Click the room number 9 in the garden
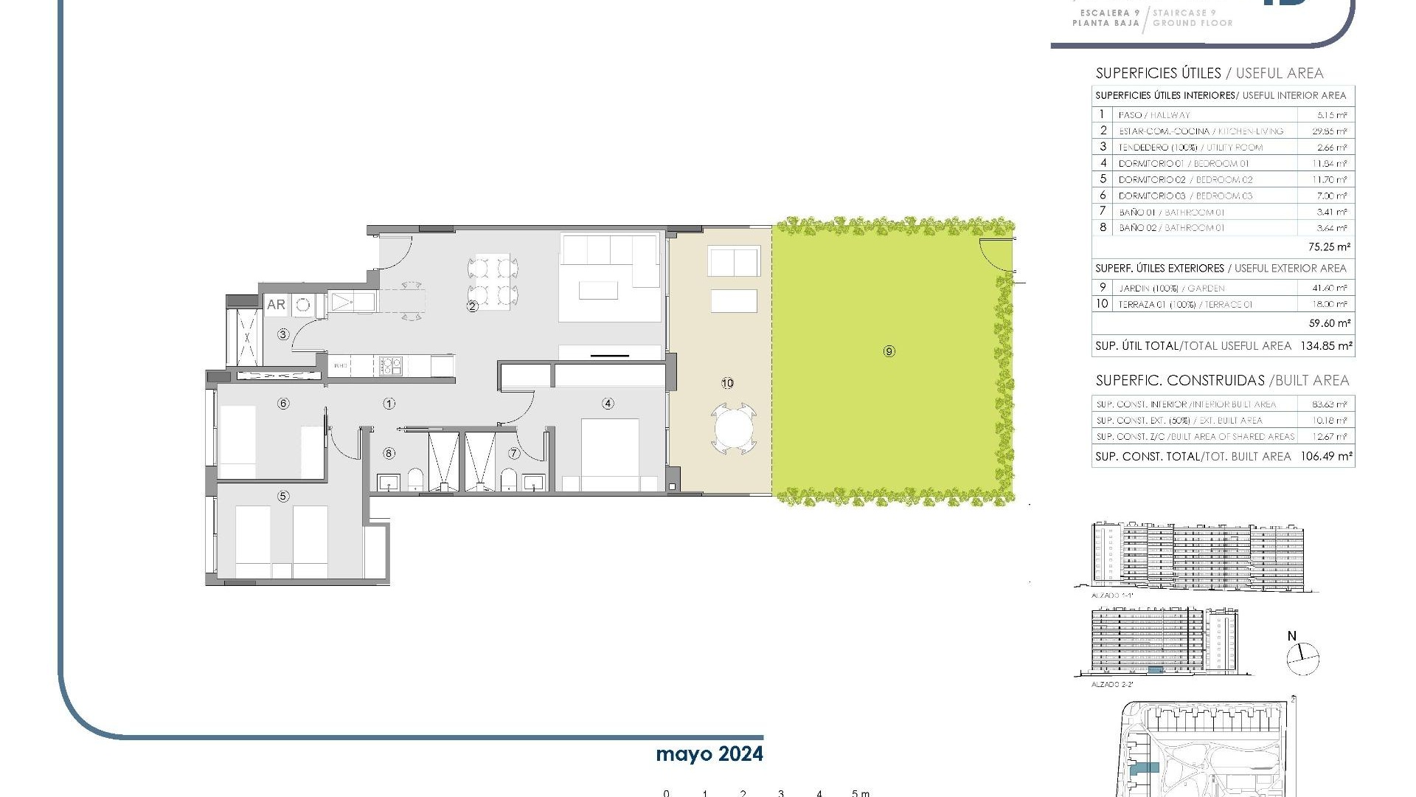tap(889, 351)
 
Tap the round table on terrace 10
tap(734, 429)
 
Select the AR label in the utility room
tap(276, 304)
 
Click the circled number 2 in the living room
tap(473, 306)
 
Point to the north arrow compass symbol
tap(1302, 658)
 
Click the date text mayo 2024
tap(709, 754)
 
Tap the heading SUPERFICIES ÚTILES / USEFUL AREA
tap(1209, 73)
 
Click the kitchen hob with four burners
tap(390, 365)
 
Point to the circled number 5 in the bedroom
tap(283, 497)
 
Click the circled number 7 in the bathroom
tap(515, 453)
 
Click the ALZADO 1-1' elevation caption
tap(1111, 595)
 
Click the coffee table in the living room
tap(598, 290)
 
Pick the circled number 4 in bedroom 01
tap(608, 404)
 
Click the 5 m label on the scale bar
tap(860, 793)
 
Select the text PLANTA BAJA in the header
tap(1106, 23)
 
